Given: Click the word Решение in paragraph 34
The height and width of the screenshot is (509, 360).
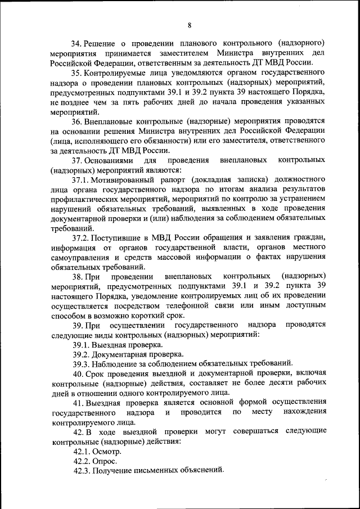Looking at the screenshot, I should [x=104, y=43].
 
